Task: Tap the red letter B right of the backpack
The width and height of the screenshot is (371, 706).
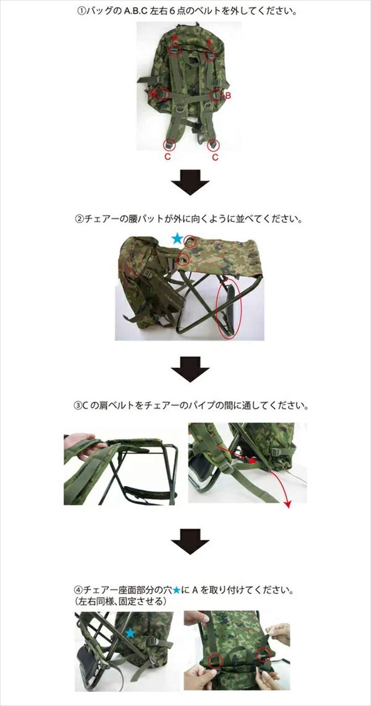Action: (x=229, y=95)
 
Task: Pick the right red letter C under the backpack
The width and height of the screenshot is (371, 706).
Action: (x=215, y=158)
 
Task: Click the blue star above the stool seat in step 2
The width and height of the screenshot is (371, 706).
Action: (x=177, y=239)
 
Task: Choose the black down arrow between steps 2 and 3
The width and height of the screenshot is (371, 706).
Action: (x=189, y=369)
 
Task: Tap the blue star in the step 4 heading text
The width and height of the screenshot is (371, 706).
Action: (x=176, y=589)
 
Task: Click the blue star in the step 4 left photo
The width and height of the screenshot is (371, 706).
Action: (x=130, y=634)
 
